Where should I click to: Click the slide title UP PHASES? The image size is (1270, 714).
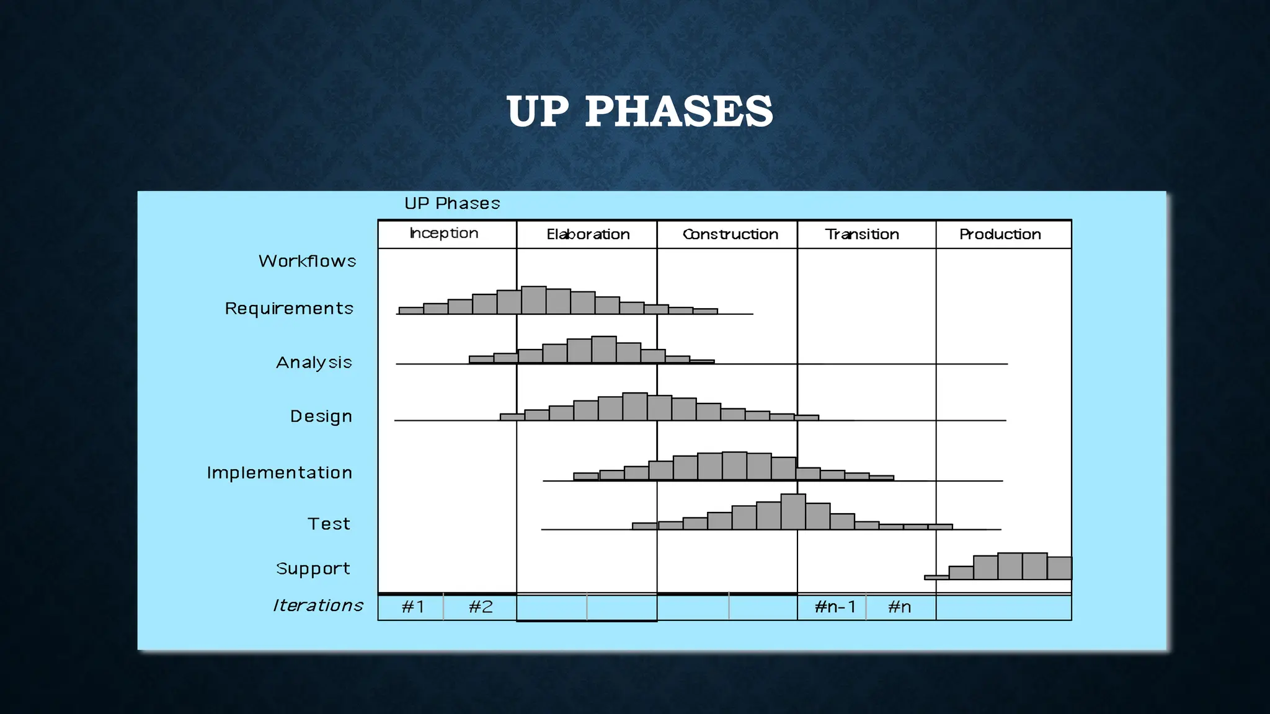point(639,112)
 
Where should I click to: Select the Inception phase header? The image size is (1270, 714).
point(444,234)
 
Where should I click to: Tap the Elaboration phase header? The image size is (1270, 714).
point(588,234)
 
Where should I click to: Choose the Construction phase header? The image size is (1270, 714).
point(730,234)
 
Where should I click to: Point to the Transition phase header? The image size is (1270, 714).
point(862,234)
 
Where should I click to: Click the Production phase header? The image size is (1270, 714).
point(1000,234)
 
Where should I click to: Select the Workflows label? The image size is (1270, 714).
point(307,261)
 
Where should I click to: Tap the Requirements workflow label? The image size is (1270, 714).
point(289,308)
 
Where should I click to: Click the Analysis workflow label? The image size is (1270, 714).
point(314,363)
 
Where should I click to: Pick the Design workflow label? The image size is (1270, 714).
point(321,416)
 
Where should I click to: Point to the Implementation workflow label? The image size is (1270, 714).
point(279,473)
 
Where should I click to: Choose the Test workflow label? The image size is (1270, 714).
point(329,524)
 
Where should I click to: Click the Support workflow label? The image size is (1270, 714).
point(313,569)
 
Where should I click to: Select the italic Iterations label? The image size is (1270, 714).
point(317,606)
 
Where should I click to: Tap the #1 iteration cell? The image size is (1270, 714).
point(412,607)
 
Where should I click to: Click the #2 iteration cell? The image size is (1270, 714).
point(481,607)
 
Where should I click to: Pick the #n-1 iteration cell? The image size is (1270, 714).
point(835,607)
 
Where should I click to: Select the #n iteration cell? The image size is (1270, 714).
point(900,607)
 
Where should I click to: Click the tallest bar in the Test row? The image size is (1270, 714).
point(793,511)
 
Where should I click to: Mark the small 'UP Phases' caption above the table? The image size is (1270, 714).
point(452,203)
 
